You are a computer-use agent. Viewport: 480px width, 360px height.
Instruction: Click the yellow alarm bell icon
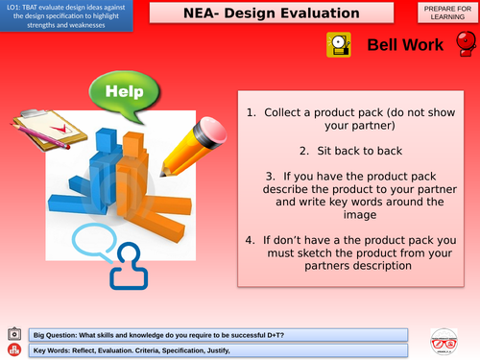click(338, 44)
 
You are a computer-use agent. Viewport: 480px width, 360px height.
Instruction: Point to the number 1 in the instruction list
click(252, 112)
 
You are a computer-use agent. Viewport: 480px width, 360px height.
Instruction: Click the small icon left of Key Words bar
click(13, 349)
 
